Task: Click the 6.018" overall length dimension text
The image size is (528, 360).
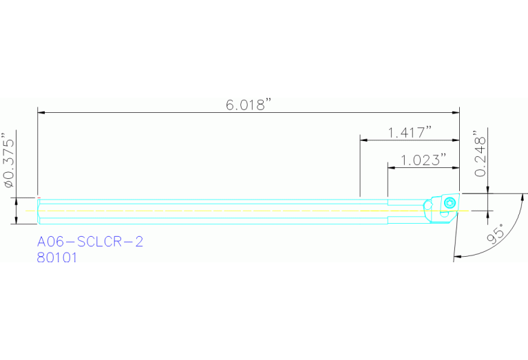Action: coord(249,105)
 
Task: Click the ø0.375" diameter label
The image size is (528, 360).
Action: coord(9,160)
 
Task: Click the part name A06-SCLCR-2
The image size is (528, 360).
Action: coord(90,242)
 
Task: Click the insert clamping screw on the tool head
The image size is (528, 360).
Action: coord(450,202)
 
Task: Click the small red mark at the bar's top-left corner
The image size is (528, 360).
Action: coord(38,198)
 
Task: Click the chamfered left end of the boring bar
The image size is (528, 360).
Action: coord(39,210)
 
